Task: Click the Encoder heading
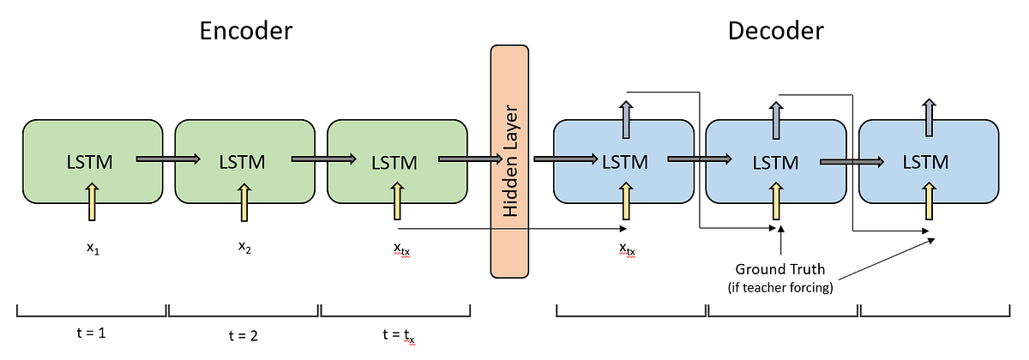click(x=246, y=32)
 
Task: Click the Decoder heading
click(x=775, y=32)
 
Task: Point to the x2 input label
click(x=244, y=248)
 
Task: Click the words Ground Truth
click(x=780, y=269)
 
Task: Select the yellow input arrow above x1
click(x=92, y=207)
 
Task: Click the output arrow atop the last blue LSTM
click(x=929, y=113)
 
